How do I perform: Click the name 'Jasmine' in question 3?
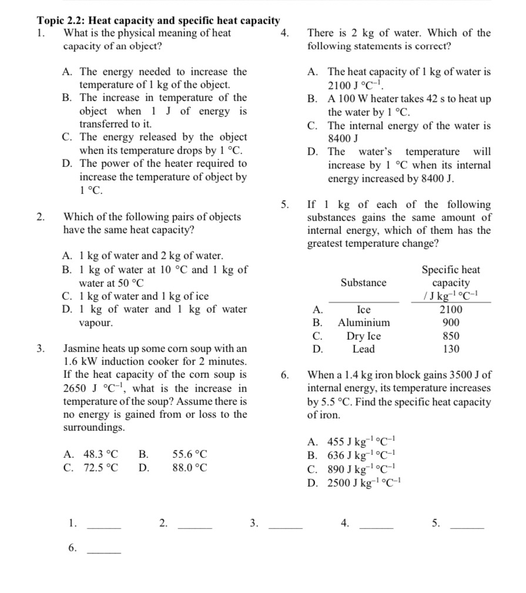82,348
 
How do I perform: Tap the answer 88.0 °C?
190,468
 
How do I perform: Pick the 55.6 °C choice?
190,454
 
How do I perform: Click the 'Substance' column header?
364,283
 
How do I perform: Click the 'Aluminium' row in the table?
364,323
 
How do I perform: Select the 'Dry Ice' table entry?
364,336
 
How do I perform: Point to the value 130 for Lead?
451,349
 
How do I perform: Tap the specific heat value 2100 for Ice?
451,310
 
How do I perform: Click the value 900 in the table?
451,323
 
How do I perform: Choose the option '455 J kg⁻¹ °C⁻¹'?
364,443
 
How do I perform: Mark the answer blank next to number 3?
286,527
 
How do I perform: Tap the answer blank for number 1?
104,527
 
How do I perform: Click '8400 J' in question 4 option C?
343,139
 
